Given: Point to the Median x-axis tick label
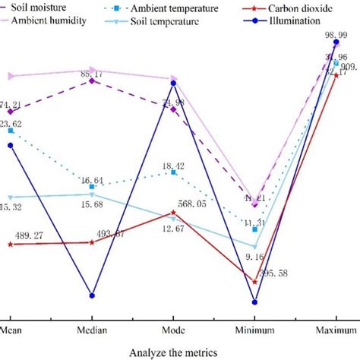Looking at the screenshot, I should coord(92,331).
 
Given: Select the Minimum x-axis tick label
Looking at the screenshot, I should coord(254,331).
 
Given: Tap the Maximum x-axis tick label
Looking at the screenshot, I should coord(336,331).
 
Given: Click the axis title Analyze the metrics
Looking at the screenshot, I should coord(173,352).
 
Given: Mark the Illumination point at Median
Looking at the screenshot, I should coord(92,295).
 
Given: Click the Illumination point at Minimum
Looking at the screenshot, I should coord(254,302).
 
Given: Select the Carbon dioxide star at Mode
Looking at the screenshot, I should coord(173,213).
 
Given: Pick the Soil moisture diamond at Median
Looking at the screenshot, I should coord(92,81).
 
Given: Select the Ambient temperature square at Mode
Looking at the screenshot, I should coord(173,172).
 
